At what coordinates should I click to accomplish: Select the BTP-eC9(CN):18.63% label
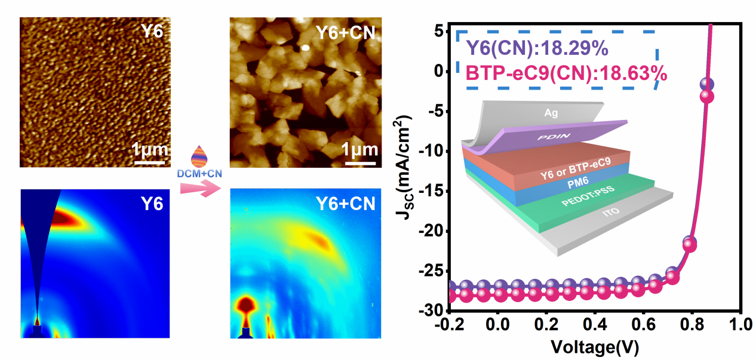(566, 73)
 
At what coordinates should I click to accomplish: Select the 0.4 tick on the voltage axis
(594, 325)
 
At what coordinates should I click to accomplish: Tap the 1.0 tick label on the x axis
(740, 325)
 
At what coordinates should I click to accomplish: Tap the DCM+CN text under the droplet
(199, 173)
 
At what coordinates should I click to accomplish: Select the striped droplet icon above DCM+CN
(199, 157)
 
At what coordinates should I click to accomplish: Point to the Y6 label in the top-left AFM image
(152, 31)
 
